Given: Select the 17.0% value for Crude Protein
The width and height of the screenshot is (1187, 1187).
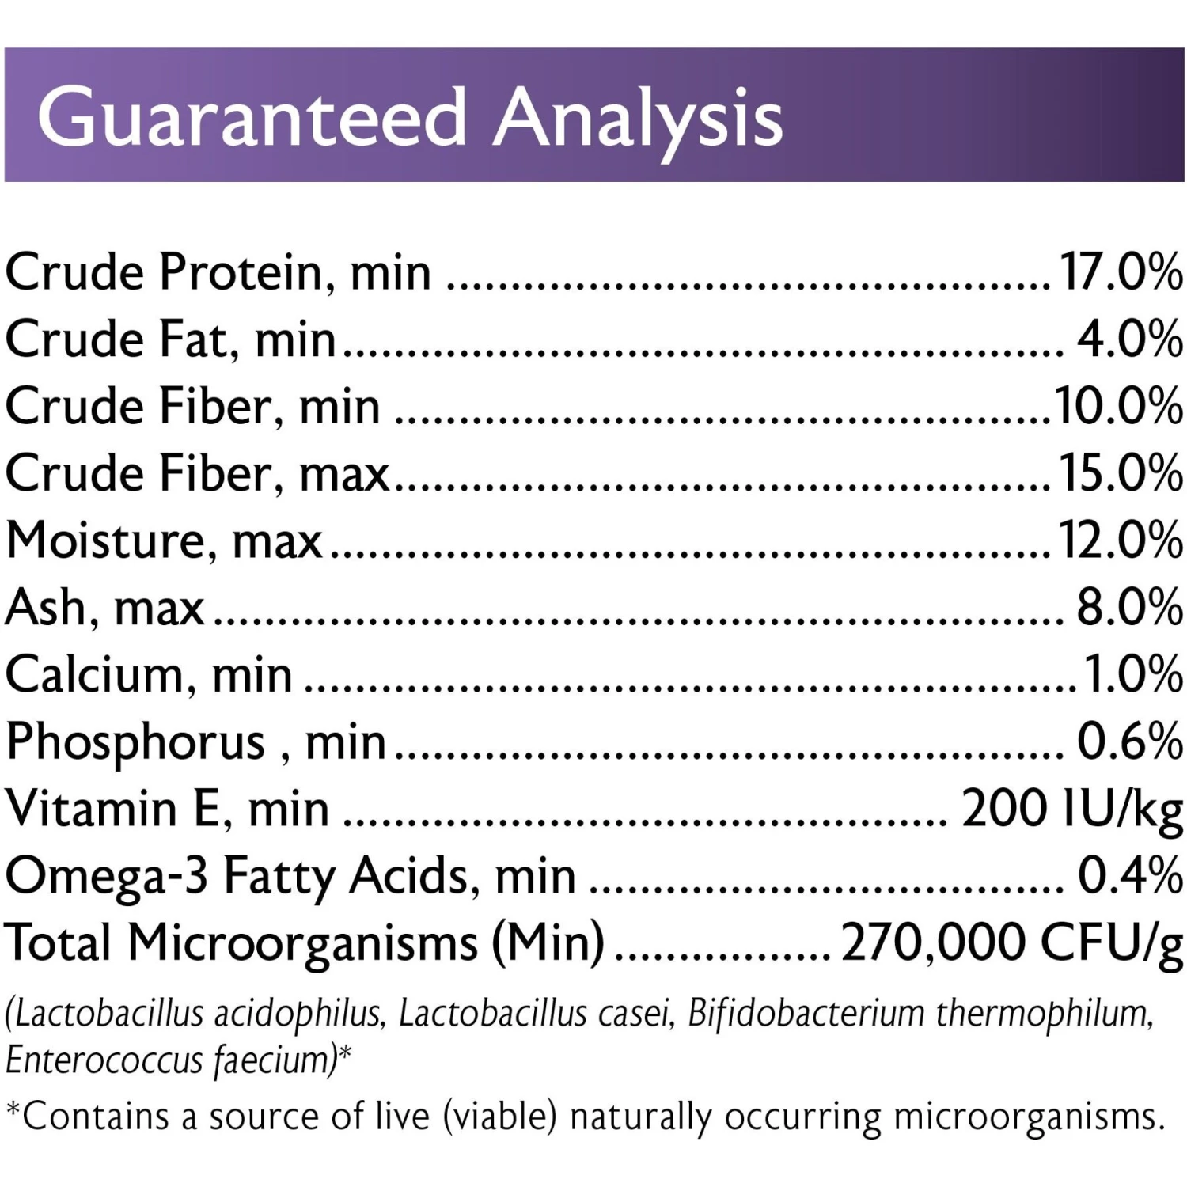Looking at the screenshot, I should (1121, 272).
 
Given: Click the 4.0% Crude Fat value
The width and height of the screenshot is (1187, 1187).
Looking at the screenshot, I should (1129, 339).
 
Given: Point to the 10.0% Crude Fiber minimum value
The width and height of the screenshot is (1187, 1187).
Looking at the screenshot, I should (1118, 407).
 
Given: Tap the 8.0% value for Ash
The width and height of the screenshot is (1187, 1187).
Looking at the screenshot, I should (1129, 608).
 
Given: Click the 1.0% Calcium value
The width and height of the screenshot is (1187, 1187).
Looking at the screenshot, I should (1133, 675).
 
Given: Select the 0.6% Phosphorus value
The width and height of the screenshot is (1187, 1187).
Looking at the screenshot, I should (1129, 742).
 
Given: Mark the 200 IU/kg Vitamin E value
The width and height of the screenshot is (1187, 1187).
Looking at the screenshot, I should (1071, 810).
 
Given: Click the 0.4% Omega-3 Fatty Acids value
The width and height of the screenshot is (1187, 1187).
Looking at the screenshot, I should (1129, 877).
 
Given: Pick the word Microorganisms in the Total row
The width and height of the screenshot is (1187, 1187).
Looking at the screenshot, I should (302, 945).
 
